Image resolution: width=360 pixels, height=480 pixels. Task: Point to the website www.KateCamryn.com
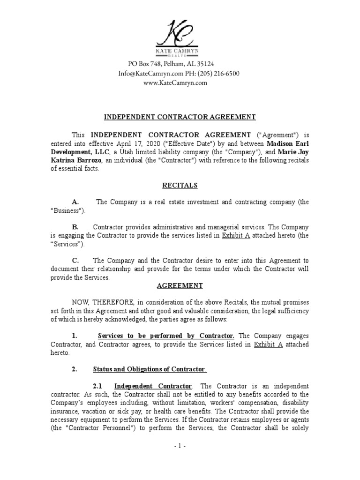(x=175, y=82)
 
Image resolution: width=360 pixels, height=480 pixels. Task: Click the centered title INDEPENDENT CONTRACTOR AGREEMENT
(x=180, y=117)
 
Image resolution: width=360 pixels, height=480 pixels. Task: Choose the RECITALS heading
(x=180, y=186)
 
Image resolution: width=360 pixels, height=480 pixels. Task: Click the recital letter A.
(x=75, y=202)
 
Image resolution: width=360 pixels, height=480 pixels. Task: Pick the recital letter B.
(x=75, y=227)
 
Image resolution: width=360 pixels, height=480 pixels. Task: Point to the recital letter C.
(x=75, y=261)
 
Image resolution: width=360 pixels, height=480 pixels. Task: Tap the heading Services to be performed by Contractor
(x=166, y=336)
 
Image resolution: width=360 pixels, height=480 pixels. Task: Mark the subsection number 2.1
(x=97, y=386)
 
